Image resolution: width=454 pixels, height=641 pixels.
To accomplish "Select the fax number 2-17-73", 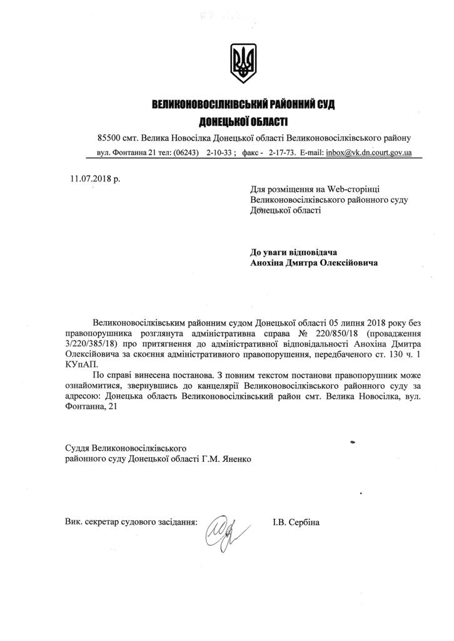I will click(x=283, y=152).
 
